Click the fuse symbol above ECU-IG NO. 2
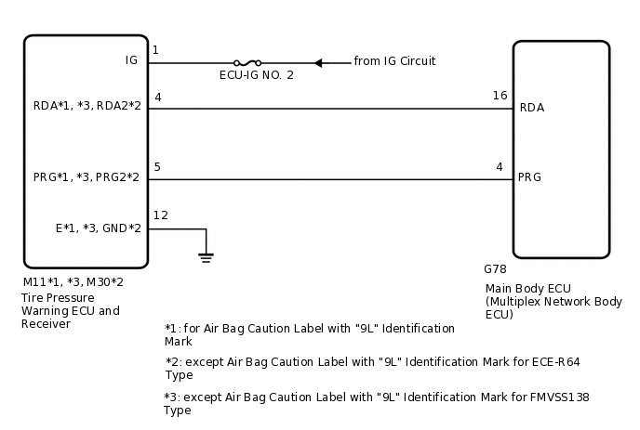(247, 63)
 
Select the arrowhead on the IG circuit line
(318, 63)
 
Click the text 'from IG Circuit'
(394, 61)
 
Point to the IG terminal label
(131, 60)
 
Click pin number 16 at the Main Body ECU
(500, 96)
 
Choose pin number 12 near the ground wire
(160, 215)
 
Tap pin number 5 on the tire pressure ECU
(157, 167)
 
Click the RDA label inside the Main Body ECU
(532, 108)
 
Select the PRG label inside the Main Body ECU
(530, 177)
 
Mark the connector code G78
(495, 269)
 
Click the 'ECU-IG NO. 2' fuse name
(257, 75)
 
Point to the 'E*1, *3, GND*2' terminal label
(98, 228)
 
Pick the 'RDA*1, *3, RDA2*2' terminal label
(87, 108)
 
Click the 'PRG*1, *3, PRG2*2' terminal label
(87, 177)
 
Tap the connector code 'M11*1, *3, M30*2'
(73, 280)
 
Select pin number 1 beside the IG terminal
(155, 50)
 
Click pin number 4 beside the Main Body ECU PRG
(500, 167)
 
